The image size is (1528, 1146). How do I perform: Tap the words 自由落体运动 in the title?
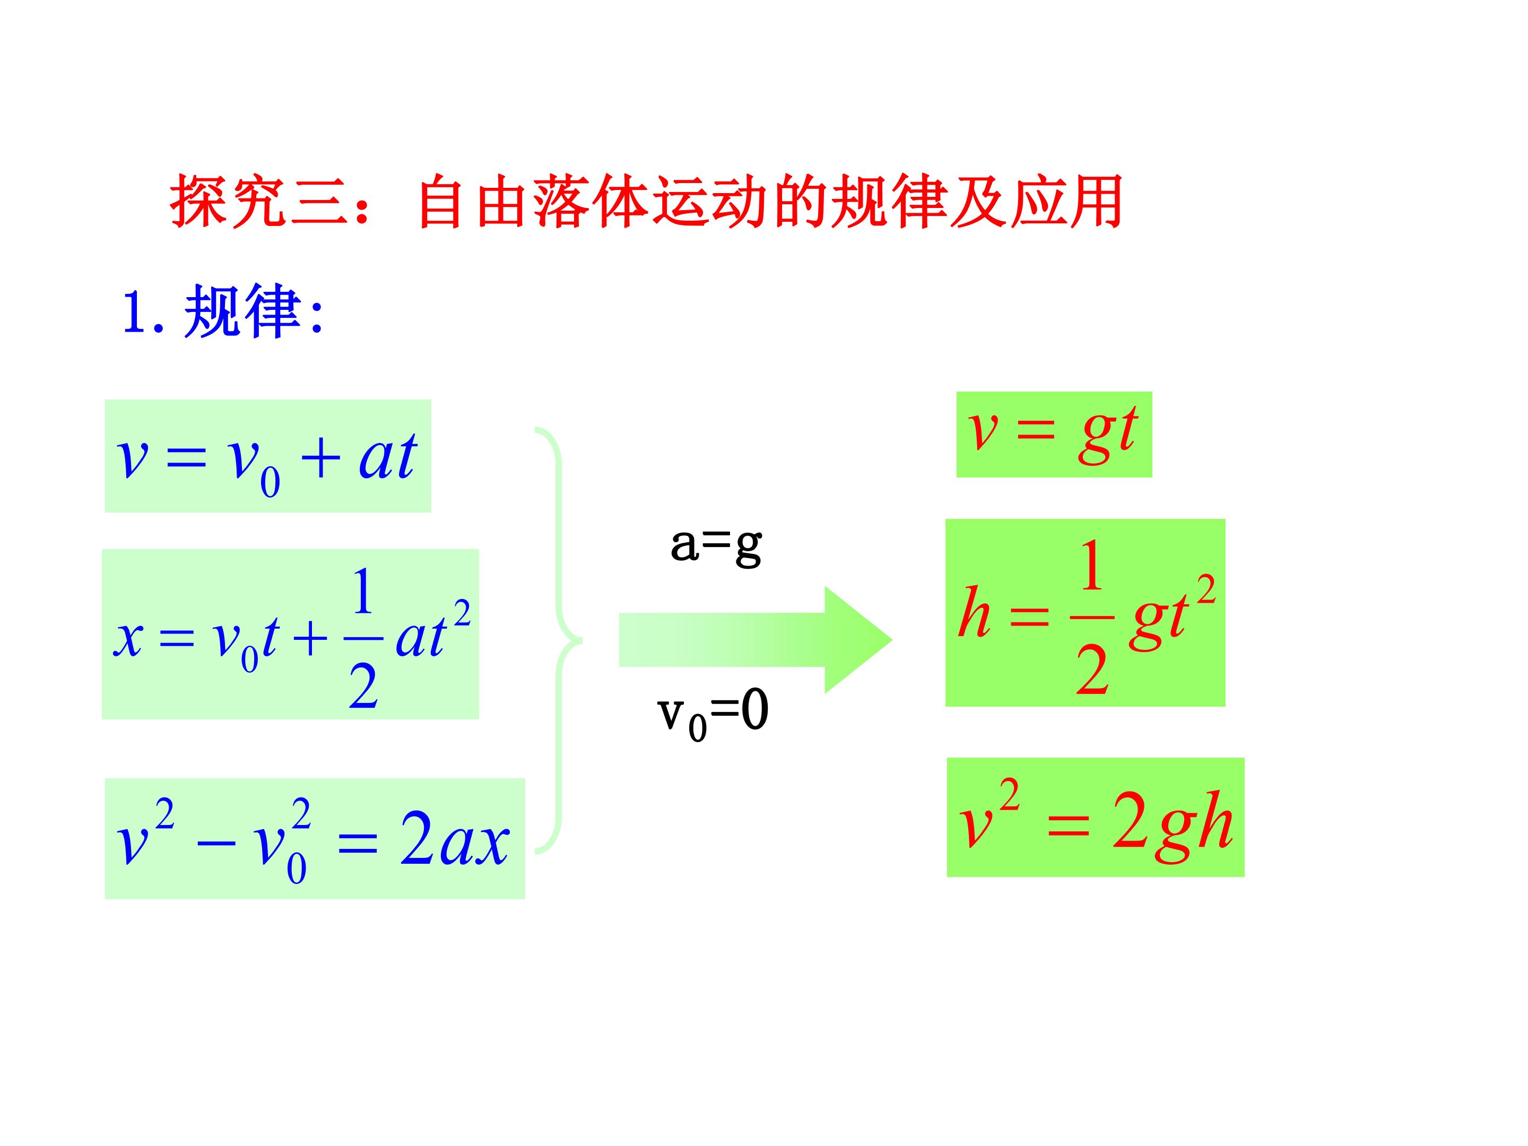(590, 201)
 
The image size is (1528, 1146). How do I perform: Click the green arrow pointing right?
(755, 640)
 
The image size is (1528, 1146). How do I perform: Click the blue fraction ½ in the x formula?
(363, 638)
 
